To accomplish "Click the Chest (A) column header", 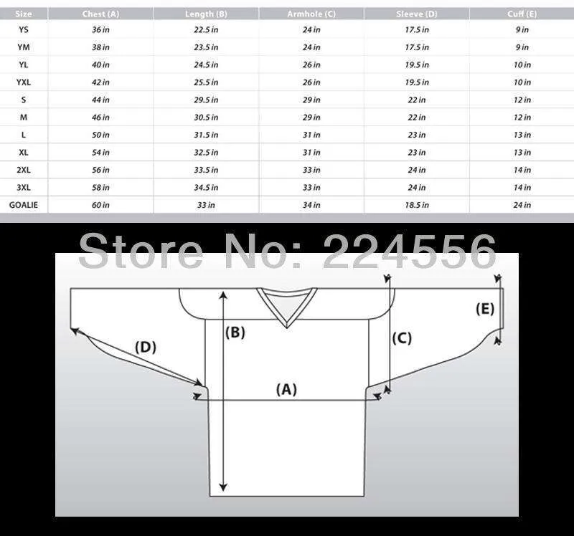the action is point(100,14).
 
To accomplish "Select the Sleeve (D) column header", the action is point(417,14).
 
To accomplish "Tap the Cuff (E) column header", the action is point(522,14).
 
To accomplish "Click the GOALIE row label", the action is point(24,205).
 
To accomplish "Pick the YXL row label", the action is point(24,82).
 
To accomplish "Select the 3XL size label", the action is point(24,188).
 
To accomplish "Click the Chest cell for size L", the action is point(100,135).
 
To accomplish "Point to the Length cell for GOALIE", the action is point(206,205).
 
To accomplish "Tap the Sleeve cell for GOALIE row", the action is point(417,205).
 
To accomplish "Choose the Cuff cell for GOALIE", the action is point(522,205).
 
